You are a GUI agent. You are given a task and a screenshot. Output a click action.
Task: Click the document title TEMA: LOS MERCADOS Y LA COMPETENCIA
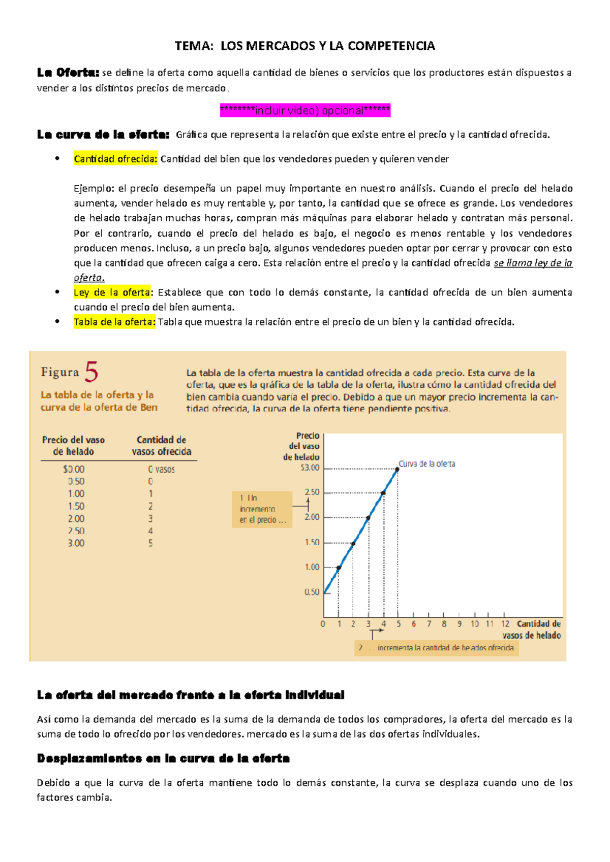click(304, 46)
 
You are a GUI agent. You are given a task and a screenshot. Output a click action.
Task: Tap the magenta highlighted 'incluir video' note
click(305, 110)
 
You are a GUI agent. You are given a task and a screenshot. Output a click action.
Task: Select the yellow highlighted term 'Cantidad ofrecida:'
click(116, 159)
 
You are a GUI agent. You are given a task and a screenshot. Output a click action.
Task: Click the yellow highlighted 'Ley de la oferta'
click(112, 292)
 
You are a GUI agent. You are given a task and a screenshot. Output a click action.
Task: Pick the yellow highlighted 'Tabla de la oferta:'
click(114, 322)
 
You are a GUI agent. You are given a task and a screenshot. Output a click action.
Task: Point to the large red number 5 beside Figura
click(91, 372)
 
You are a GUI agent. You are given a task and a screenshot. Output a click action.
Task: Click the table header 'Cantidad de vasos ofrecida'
click(162, 446)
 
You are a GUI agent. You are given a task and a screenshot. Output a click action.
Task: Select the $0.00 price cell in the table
click(74, 470)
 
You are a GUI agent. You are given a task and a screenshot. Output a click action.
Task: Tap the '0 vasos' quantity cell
click(161, 470)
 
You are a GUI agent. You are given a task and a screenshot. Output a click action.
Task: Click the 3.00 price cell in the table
click(76, 543)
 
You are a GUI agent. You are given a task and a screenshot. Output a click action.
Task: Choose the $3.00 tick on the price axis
click(310, 468)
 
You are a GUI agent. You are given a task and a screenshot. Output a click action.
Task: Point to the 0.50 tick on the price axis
click(312, 592)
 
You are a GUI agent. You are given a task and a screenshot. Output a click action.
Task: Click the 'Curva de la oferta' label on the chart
click(427, 464)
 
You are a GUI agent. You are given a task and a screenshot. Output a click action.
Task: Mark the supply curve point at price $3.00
click(398, 469)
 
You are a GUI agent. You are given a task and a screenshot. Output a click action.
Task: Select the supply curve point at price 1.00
click(339, 568)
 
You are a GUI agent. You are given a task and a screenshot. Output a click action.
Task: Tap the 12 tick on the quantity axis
click(505, 624)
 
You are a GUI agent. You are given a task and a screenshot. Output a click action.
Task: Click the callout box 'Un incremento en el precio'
click(262, 509)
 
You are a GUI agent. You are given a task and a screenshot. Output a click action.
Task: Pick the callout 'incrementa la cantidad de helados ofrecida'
click(437, 648)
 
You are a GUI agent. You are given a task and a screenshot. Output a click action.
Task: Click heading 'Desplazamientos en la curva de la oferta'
click(163, 758)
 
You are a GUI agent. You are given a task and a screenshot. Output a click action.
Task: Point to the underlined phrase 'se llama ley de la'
click(533, 263)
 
